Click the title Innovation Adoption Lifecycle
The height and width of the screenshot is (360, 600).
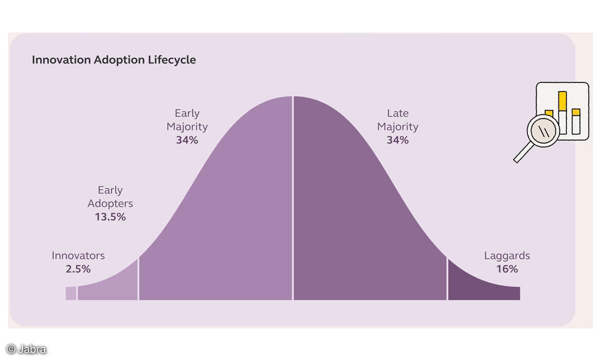click(x=113, y=60)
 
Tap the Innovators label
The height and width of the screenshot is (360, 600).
click(x=78, y=255)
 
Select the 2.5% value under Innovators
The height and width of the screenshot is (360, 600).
click(x=78, y=269)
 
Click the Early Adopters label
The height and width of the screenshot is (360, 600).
click(x=110, y=197)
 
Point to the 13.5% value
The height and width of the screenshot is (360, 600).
click(x=110, y=217)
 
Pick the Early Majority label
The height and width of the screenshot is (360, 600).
click(x=187, y=120)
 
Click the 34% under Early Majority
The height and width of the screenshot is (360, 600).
click(x=187, y=140)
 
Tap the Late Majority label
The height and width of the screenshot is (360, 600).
click(x=397, y=120)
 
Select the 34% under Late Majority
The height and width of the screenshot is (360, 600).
click(x=397, y=140)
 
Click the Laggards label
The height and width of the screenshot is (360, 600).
click(x=506, y=255)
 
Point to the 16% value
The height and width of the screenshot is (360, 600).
click(x=506, y=269)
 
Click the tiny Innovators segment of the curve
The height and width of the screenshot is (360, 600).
click(x=70, y=293)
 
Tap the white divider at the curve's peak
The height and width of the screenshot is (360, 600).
click(x=292, y=200)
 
